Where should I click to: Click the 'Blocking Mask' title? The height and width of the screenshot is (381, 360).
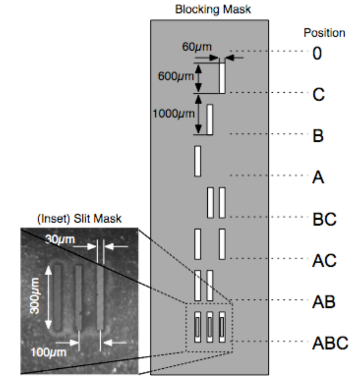coord(212,9)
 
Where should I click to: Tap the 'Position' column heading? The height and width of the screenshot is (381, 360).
coord(324,33)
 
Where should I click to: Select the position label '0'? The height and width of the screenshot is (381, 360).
coord(317,54)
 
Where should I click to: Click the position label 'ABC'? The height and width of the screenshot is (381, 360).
coord(330,343)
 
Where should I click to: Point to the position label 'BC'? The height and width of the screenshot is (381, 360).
coord(324,219)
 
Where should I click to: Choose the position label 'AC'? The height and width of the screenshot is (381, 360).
coord(324,260)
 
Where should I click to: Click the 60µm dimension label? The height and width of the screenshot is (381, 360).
coord(197,47)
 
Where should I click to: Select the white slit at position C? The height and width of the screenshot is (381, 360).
coord(222,78)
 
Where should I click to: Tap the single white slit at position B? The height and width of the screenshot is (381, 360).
coord(209,119)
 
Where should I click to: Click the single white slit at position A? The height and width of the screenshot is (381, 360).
coord(197,161)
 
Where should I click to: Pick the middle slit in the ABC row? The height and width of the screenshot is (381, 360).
coord(209,327)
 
